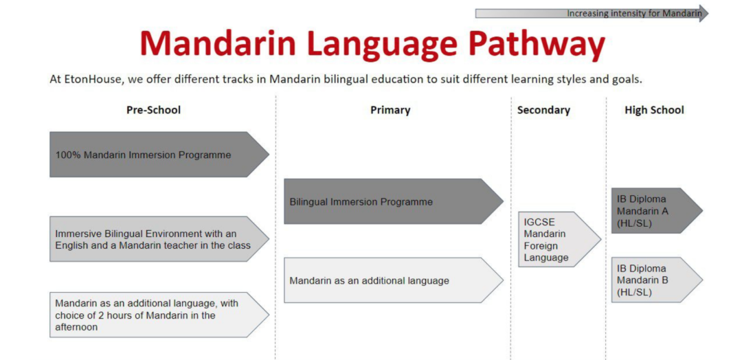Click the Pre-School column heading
tap(153, 110)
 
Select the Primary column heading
tap(390, 110)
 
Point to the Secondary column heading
tap(543, 110)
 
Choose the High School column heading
tap(654, 110)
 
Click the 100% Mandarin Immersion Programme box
tap(159, 154)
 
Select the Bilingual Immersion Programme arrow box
tap(393, 201)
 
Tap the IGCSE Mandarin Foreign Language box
tap(559, 239)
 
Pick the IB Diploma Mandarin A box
tap(657, 210)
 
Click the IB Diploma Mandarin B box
tap(657, 280)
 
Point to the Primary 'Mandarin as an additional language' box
tap(393, 280)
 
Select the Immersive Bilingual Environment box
tap(159, 239)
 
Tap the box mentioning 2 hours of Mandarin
tap(159, 315)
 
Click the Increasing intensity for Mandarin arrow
tap(592, 13)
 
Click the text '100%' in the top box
tap(68, 155)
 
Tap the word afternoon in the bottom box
tap(76, 327)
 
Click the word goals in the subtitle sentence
tap(629, 80)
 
